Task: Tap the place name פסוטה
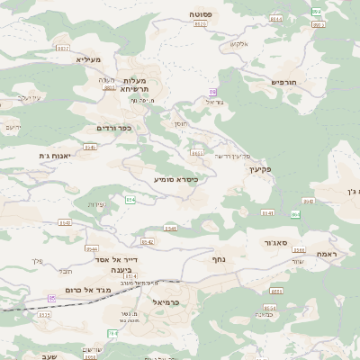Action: tap(200, 15)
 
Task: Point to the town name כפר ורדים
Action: tap(113, 129)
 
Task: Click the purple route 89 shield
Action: tap(212, 92)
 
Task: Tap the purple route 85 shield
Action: tap(52, 298)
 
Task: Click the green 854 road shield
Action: tap(130, 200)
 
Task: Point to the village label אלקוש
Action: tap(238, 44)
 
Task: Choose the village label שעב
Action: tap(49, 356)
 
